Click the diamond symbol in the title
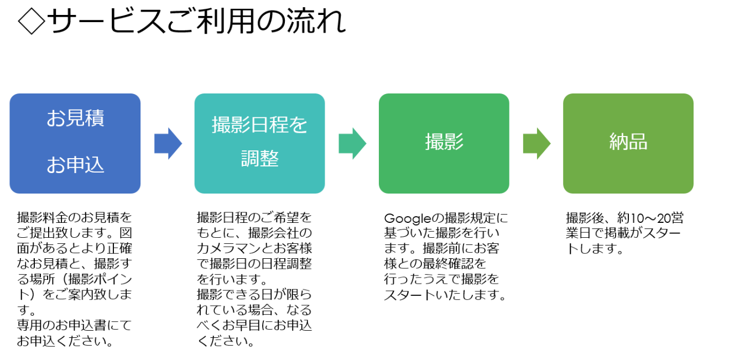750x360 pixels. (32, 22)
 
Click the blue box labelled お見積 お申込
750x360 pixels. (75, 143)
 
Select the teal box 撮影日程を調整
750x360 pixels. (259, 143)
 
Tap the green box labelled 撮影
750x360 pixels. (444, 143)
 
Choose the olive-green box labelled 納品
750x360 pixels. (628, 143)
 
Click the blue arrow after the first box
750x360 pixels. (168, 143)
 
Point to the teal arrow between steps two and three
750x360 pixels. (352, 143)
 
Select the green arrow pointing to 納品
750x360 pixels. (536, 143)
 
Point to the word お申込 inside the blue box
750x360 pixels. (75, 165)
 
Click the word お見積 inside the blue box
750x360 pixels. (75, 119)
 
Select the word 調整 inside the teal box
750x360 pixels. (259, 159)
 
